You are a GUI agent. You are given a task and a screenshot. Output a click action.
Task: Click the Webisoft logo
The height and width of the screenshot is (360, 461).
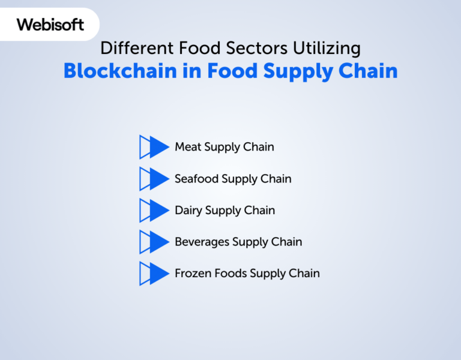[x=50, y=25]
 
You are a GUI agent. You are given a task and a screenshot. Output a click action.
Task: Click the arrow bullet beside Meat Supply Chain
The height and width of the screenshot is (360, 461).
[x=154, y=147]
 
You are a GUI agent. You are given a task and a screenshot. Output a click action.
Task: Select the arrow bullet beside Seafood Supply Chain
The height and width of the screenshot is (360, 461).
[x=154, y=179]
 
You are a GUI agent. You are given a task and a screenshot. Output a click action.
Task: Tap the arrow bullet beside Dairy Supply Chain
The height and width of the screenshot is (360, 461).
[x=154, y=210]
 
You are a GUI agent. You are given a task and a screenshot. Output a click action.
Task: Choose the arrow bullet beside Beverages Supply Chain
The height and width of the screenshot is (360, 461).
[x=154, y=242]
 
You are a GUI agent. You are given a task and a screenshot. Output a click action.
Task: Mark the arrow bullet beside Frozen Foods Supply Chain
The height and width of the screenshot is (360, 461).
[x=154, y=274]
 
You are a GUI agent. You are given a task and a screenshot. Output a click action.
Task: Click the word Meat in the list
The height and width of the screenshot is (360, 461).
[x=188, y=147]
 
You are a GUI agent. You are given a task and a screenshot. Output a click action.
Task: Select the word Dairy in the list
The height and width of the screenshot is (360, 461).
[x=188, y=211]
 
